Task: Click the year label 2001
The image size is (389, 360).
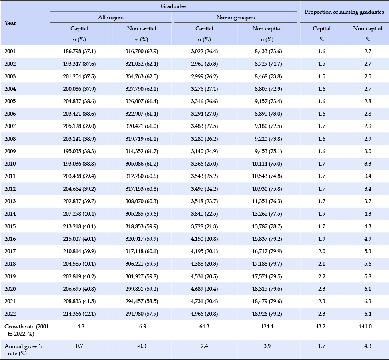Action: pos(10,51)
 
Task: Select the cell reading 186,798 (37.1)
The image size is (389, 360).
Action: pos(79,51)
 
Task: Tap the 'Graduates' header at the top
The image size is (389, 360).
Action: pos(173,6)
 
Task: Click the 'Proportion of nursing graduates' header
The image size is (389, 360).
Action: pos(344,12)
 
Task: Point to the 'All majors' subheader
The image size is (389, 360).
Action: pos(111,17)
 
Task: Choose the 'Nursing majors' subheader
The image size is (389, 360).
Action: pos(236,17)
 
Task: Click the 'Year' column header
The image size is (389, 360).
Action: pos(10,23)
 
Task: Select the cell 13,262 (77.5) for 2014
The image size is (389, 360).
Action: pos(267,214)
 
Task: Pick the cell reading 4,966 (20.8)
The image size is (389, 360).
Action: pos(204,314)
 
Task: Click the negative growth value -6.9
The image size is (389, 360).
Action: pos(142,326)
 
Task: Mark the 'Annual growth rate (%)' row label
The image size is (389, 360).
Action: pos(24,350)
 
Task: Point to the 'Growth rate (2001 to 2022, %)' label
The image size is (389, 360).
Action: pos(26,330)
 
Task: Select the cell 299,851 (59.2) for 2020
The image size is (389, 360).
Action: pos(142,289)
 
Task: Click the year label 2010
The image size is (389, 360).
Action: pos(10,164)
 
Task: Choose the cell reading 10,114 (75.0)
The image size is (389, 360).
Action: pos(267,164)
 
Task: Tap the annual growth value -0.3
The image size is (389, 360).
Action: pos(142,346)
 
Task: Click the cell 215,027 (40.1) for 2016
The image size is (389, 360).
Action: pos(79,239)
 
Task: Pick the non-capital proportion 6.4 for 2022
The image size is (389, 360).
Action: pos(368,314)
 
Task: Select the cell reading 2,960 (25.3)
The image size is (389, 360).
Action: pos(204,64)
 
